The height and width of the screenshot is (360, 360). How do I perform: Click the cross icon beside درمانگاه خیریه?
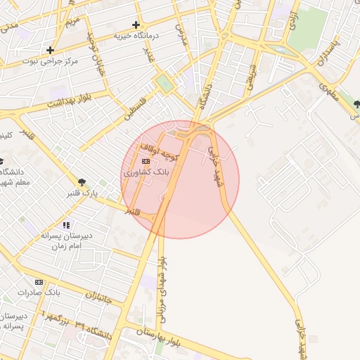click(x=136, y=25)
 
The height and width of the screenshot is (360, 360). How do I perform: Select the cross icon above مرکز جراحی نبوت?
click(x=50, y=50)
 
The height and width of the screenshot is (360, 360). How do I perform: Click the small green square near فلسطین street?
click(x=164, y=84)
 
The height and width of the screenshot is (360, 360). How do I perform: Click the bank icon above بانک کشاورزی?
click(x=146, y=162)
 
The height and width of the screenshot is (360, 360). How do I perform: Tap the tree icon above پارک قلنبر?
click(x=83, y=183)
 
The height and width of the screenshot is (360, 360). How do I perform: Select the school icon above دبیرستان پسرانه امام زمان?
click(x=66, y=225)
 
